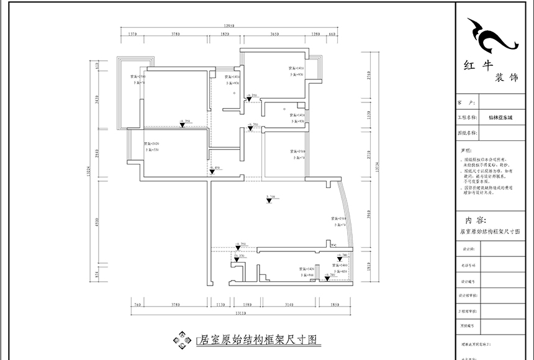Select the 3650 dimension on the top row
pos(269,34)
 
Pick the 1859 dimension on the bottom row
pos(335,305)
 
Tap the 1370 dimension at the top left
pos(132,34)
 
